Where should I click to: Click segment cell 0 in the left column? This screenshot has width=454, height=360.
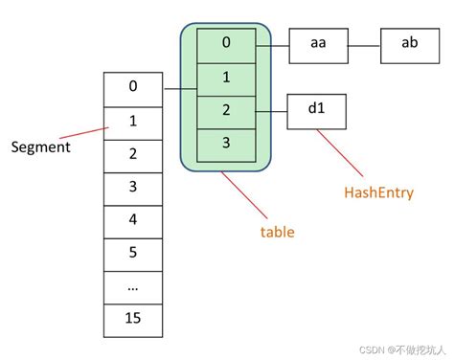tap(133, 87)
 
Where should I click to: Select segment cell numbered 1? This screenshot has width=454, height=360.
tap(133, 121)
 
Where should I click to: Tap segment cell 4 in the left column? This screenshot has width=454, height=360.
tap(133, 219)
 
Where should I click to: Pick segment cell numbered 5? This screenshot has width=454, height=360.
tap(133, 252)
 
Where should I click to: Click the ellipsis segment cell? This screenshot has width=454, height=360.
tap(133, 284)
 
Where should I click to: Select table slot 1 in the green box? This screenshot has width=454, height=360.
tap(226, 78)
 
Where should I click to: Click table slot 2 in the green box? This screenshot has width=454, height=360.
tap(226, 110)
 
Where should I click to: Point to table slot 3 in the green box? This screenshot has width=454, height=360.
tap(226, 143)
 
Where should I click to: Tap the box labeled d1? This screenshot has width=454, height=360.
tap(317, 110)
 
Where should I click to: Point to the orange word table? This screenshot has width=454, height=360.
tap(278, 232)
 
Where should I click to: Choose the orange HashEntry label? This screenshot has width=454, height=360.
tap(378, 192)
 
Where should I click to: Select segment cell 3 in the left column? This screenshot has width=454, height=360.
tap(133, 186)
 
